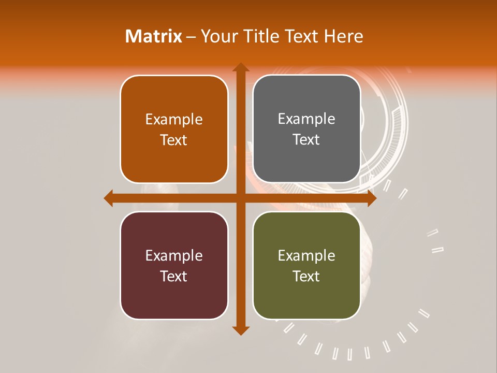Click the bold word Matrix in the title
[x=154, y=36]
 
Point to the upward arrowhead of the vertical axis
[x=240, y=68]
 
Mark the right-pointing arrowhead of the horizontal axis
[x=371, y=198]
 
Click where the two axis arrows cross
[x=240, y=198]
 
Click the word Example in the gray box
[x=306, y=119]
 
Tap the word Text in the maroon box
[x=174, y=276]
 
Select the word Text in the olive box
[x=306, y=276]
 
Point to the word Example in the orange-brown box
[x=174, y=120]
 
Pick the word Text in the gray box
[x=306, y=139]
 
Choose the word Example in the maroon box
[x=174, y=256]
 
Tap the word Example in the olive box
[x=306, y=256]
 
